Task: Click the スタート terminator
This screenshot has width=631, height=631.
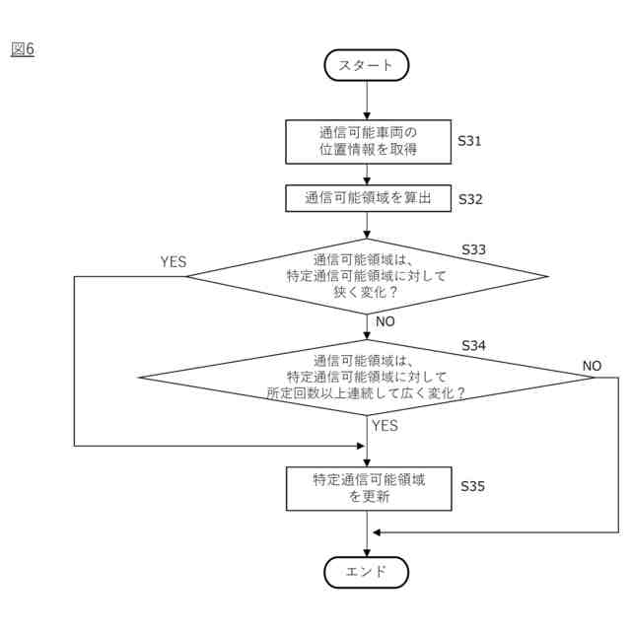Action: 366,65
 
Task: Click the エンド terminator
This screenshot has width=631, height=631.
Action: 366,571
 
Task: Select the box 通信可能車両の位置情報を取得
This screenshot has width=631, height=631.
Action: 367,143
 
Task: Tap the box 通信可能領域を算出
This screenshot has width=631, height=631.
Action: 367,198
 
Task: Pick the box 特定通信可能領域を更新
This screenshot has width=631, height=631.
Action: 367,488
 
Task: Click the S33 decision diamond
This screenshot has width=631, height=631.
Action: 367,276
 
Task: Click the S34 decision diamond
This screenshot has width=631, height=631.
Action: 367,377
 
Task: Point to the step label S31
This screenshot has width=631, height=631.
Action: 470,141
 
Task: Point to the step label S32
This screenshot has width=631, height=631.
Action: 470,198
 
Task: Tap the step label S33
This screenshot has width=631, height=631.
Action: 474,249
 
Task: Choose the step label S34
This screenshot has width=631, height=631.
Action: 474,346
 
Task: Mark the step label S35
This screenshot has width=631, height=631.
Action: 474,486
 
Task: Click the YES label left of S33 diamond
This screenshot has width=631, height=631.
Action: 174,261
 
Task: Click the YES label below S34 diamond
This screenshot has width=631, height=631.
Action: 386,426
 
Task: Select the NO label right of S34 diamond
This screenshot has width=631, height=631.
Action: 592,365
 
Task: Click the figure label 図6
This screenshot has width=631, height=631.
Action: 22,48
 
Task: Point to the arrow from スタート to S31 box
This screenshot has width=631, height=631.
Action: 366,101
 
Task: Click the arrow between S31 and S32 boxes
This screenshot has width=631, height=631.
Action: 366,175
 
